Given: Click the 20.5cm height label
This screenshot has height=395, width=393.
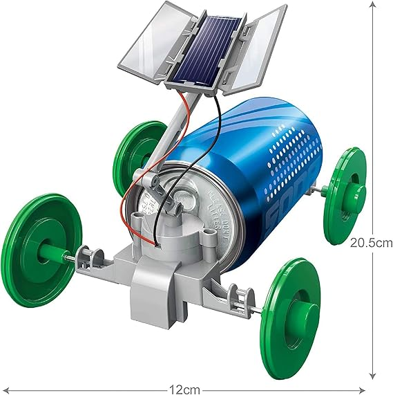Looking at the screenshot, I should (x=371, y=243).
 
